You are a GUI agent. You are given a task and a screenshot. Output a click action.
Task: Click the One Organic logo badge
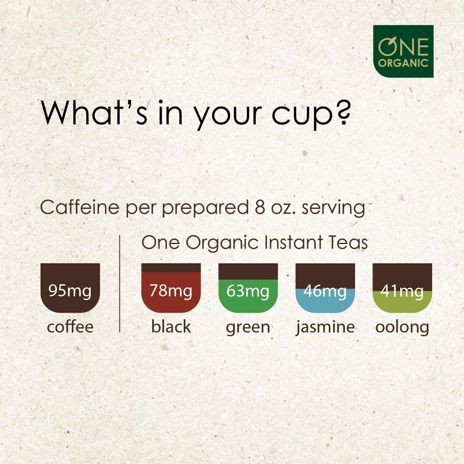403,51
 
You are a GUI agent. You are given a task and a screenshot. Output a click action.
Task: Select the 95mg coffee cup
70,288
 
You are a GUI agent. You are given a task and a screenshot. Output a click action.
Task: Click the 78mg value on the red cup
171,291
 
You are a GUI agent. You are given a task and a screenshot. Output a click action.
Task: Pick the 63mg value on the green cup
248,291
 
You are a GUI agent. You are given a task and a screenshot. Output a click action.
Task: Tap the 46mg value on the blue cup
325,291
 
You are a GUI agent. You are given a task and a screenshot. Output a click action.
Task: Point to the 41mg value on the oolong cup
402,291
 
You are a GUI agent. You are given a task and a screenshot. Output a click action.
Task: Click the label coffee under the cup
70,327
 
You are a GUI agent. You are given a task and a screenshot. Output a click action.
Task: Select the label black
171,327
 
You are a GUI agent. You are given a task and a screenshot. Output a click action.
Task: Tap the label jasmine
325,327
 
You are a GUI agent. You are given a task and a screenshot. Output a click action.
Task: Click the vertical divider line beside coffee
119,283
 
